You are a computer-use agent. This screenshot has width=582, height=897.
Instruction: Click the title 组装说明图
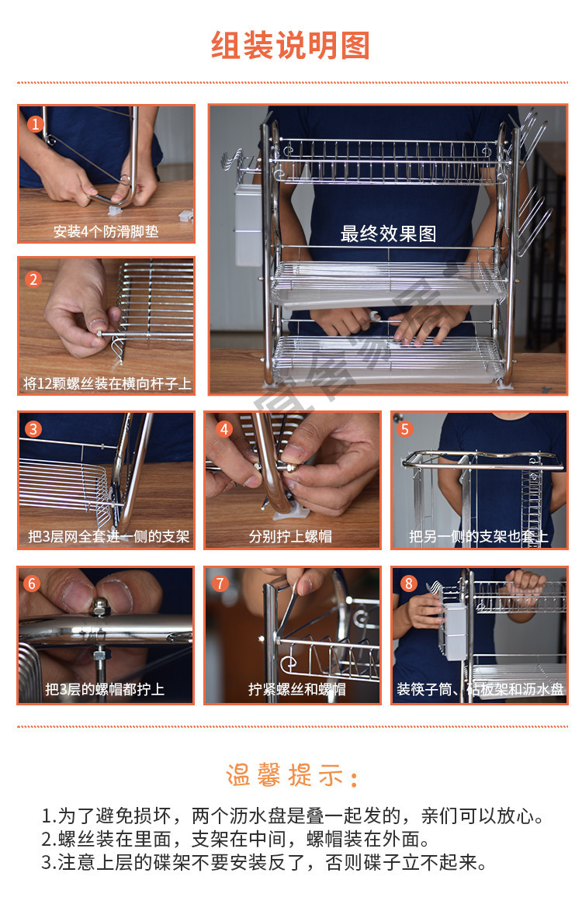pyautogui.click(x=291, y=46)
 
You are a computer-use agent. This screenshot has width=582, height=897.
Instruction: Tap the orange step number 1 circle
pyautogui.click(x=36, y=123)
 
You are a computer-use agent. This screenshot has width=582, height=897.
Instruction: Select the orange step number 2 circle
pyautogui.click(x=34, y=279)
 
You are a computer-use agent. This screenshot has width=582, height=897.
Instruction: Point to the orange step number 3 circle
pyautogui.click(x=34, y=429)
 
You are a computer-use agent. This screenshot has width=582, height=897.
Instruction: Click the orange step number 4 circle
pyautogui.click(x=223, y=429)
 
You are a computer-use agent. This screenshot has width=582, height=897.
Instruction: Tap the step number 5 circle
pyautogui.click(x=405, y=429)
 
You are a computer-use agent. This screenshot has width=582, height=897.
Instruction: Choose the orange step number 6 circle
pyautogui.click(x=32, y=584)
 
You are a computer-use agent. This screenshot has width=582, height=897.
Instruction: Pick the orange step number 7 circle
pyautogui.click(x=220, y=584)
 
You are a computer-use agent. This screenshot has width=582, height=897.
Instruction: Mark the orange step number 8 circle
pyautogui.click(x=408, y=584)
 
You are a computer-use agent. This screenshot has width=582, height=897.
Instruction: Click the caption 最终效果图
pyautogui.click(x=389, y=234)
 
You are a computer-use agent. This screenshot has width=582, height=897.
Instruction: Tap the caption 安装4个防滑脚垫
pyautogui.click(x=106, y=231)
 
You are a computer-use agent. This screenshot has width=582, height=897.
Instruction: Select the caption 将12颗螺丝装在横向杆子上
pyautogui.click(x=107, y=383)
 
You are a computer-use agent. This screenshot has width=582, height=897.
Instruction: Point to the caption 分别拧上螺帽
pyautogui.click(x=291, y=536)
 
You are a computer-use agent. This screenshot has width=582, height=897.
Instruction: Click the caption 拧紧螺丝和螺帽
pyautogui.click(x=297, y=689)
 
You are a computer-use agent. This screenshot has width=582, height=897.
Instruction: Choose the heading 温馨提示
pyautogui.click(x=292, y=776)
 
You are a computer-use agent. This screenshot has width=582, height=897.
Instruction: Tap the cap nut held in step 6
pyautogui.click(x=101, y=607)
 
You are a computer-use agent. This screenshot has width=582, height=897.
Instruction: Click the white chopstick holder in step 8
pyautogui.click(x=456, y=630)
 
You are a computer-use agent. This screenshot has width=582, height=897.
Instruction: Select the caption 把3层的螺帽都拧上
pyautogui.click(x=105, y=689)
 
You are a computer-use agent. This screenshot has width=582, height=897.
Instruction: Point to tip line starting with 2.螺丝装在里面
pyautogui.click(x=235, y=840)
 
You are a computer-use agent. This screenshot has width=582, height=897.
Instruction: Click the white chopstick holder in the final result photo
pyautogui.click(x=248, y=224)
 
